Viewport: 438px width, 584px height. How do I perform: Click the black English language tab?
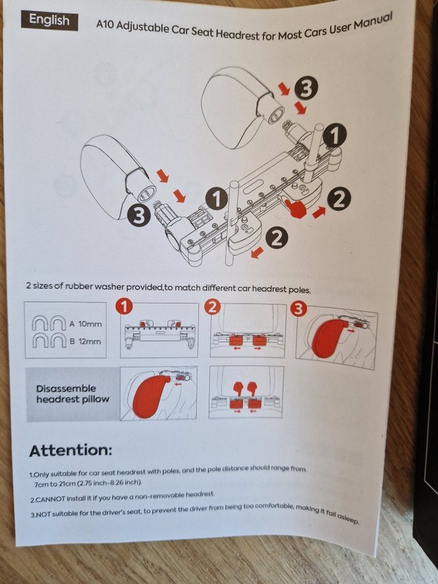click(x=49, y=20)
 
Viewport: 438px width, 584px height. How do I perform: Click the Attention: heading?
click(x=71, y=450)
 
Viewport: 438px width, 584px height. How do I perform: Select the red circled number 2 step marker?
click(x=212, y=308)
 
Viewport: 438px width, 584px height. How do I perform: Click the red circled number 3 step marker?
click(x=298, y=308)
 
